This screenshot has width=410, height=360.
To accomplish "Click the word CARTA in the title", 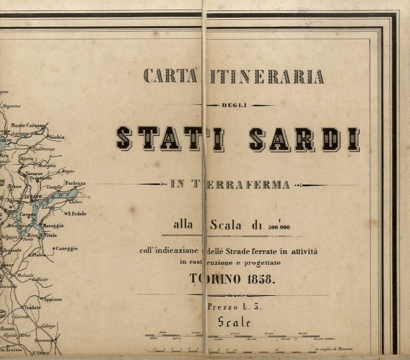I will [x=170, y=76].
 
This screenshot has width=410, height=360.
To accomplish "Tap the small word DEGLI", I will [x=235, y=105].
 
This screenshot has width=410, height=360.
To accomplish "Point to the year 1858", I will [x=261, y=278].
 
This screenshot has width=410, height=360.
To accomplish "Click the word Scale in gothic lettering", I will [x=234, y=322].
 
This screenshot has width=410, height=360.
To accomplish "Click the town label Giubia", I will [x=57, y=137].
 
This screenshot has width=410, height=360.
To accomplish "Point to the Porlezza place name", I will [x=75, y=183].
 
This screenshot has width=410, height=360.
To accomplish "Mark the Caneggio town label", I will [x=66, y=248].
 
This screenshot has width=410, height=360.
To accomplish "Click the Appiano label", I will [x=52, y=299].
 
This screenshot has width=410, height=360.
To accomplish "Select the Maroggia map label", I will [x=53, y=225].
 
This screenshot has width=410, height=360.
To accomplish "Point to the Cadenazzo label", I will [x=43, y=149].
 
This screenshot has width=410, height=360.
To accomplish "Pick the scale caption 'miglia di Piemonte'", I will [x=337, y=349].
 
